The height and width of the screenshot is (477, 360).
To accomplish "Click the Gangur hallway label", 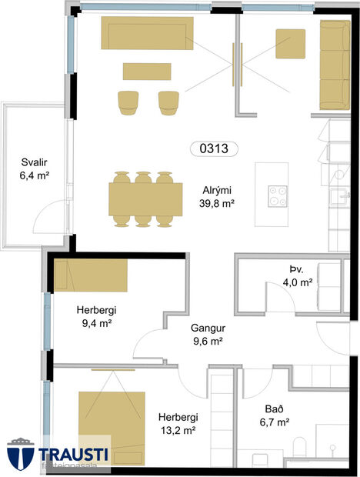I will click(207, 334).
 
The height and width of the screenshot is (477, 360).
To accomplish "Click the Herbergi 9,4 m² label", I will click(96, 317).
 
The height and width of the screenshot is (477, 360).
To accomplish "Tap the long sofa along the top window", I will click(146, 34).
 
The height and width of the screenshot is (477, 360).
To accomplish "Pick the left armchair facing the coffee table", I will click(127, 102).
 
